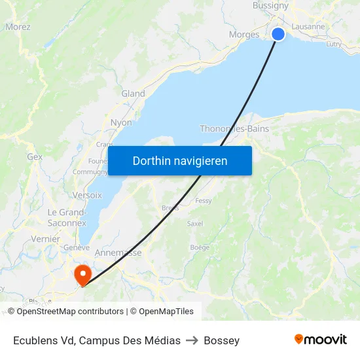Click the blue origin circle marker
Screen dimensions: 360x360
[278, 33]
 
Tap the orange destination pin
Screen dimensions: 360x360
[83, 274]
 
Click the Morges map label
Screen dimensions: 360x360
[244, 35]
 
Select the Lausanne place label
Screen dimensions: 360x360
[309, 27]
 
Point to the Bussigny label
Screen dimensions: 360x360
[270, 6]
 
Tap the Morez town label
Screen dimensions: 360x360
[18, 27]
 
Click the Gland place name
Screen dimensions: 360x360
[133, 94]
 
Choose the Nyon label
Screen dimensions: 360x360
[121, 122]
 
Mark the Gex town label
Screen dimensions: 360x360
[35, 157]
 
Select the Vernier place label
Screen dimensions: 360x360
[46, 240]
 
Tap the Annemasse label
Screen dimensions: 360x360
[118, 253]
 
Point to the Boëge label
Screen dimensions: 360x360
[200, 247]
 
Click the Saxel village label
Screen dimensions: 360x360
[195, 223]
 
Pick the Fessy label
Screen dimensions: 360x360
[204, 201]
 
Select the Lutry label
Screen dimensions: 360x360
[333, 44]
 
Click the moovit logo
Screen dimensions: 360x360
[321, 339]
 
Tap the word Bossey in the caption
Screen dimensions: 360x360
[221, 340]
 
